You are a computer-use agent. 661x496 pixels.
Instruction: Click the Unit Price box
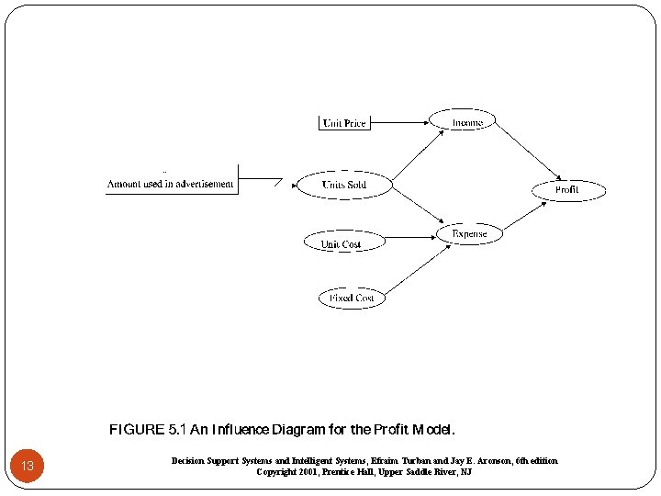point(344,122)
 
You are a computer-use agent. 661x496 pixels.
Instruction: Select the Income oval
point(467,121)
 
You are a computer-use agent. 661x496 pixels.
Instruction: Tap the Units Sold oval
point(343,185)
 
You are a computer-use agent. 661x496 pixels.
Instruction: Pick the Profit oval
point(567,190)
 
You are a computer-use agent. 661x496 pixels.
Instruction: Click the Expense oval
point(469,234)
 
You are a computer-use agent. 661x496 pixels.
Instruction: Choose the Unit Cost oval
point(340,243)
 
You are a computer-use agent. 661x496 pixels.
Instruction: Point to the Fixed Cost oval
point(352,298)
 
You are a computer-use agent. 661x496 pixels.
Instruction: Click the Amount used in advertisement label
point(171,184)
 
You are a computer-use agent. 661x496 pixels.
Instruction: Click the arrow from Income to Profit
point(529,152)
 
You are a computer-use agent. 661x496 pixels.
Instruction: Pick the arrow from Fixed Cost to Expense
point(412,269)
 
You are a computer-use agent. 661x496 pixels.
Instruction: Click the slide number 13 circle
point(28,466)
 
